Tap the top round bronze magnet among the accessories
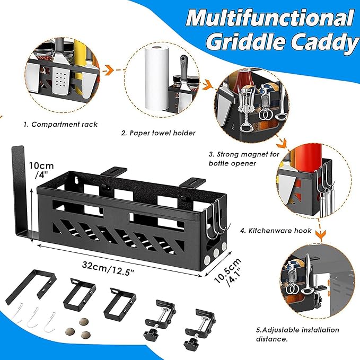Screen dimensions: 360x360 coord(84,321)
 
